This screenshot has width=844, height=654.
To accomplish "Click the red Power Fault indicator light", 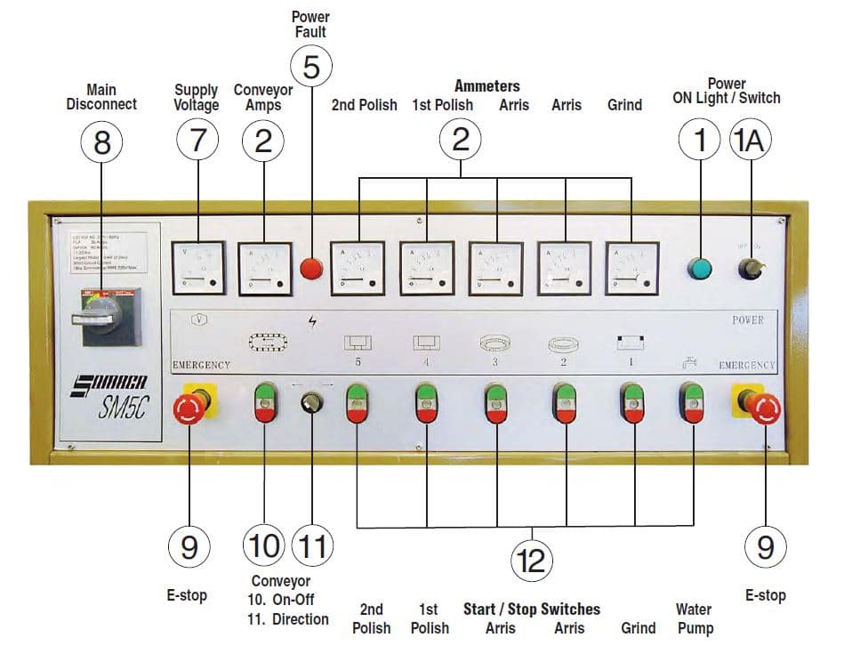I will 310,267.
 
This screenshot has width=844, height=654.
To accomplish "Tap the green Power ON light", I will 700,268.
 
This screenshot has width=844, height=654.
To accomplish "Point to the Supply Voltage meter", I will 198,267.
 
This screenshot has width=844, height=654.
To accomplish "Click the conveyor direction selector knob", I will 311,402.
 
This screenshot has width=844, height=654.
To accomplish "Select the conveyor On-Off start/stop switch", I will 265,402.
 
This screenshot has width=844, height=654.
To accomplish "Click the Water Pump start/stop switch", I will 692,402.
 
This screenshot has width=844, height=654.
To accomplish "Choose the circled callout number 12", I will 531,561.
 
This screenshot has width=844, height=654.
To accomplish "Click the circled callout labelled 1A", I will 752,141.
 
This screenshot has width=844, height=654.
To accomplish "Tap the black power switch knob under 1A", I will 752,268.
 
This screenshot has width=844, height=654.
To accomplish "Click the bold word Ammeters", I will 486,86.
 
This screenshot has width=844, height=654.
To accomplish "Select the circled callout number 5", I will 310,67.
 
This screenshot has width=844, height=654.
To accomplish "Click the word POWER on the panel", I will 747,320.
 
